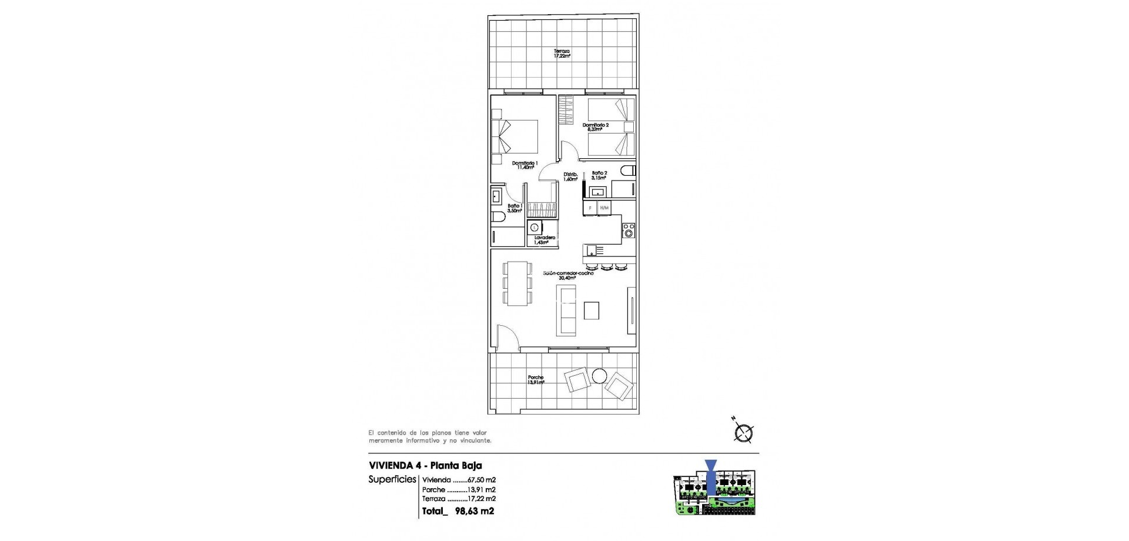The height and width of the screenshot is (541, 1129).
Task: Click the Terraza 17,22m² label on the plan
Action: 562,54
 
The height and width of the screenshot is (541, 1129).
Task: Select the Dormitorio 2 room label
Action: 596,127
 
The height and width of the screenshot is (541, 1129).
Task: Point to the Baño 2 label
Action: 599,175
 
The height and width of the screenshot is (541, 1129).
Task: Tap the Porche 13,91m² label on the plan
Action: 536,379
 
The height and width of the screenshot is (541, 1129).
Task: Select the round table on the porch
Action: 600,375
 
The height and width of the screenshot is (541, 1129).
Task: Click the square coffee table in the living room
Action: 592,310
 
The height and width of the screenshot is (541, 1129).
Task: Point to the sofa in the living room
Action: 567,310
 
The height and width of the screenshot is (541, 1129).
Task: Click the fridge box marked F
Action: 590,208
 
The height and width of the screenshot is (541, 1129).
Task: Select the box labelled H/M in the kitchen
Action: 604,208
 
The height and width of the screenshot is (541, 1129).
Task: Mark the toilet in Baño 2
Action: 627,171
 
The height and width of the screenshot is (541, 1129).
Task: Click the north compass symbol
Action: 744,433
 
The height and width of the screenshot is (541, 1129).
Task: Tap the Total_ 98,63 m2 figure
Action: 458,511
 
